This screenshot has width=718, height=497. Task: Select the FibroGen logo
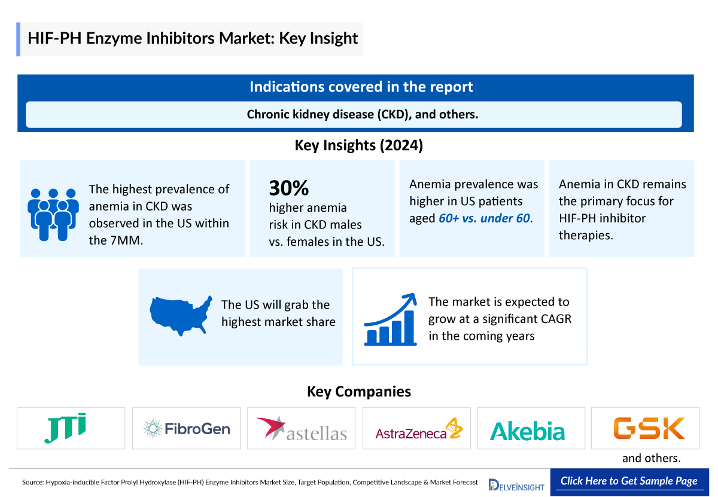point(186,428)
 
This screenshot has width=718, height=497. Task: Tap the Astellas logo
point(302,428)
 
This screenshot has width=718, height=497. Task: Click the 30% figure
point(288,188)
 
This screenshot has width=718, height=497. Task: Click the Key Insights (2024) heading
point(358,145)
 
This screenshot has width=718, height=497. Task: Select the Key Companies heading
point(358,391)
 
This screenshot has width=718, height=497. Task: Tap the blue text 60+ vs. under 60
point(484,218)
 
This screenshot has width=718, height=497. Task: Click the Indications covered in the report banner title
point(361,87)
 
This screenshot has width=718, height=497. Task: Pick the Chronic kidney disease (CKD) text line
point(362,114)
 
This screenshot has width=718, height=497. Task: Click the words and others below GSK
point(652,459)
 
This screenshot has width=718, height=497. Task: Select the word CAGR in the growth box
point(554,319)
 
